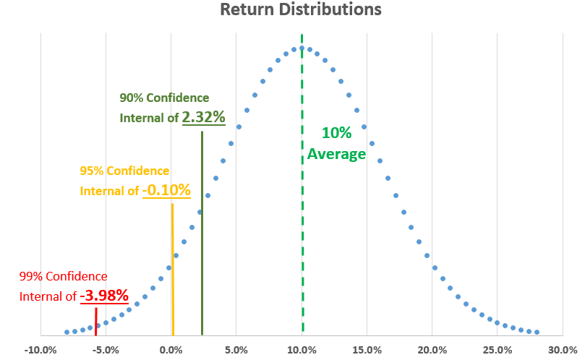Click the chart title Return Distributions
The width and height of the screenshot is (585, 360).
pyautogui.click(x=300, y=11)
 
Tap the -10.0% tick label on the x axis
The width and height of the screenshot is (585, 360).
pyautogui.click(x=40, y=350)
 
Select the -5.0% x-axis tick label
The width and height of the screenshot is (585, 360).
pyautogui.click(x=106, y=350)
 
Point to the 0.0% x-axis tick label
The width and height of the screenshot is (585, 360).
pyautogui.click(x=171, y=350)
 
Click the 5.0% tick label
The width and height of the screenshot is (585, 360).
pyautogui.click(x=236, y=350)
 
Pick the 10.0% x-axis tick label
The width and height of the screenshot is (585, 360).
pyautogui.click(x=302, y=350)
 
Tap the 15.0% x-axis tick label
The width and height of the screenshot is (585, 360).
pyautogui.click(x=367, y=350)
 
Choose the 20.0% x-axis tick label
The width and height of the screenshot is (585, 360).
pyautogui.click(x=432, y=350)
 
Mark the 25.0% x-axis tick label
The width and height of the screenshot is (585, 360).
pyautogui.click(x=497, y=350)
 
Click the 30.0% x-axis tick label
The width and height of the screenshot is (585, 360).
pyautogui.click(x=562, y=350)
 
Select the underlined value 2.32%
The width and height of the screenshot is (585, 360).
pyautogui.click(x=203, y=116)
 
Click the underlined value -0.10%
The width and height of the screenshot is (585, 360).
pyautogui.click(x=166, y=190)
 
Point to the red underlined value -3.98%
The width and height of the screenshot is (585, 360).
pyautogui.click(x=104, y=295)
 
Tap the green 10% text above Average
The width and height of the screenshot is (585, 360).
pyautogui.click(x=336, y=133)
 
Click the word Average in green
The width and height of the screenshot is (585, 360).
pyautogui.click(x=336, y=153)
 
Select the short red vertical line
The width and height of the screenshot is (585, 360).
pyautogui.click(x=95, y=321)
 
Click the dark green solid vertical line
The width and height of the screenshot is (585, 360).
pyautogui.click(x=202, y=231)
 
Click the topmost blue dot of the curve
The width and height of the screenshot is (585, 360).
pyautogui.click(x=302, y=48)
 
